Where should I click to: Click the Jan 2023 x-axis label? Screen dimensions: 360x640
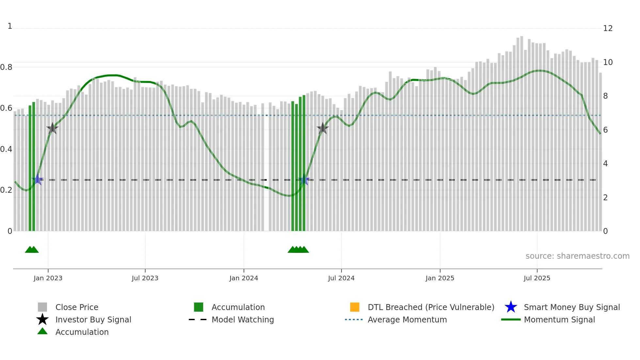tap(48, 278)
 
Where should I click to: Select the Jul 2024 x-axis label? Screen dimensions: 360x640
tap(341, 278)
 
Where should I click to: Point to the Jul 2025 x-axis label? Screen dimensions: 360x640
tap(537, 278)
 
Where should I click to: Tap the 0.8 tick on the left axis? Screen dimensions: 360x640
tap(6, 67)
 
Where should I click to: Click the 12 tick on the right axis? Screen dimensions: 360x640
tap(608, 28)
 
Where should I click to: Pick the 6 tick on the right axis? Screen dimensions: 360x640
tap(605, 130)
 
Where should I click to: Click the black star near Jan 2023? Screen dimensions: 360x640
tap(52, 128)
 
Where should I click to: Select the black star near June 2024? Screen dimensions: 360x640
tap(323, 128)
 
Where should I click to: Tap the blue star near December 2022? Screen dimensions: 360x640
tap(38, 180)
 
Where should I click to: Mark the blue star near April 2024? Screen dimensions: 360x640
tap(304, 180)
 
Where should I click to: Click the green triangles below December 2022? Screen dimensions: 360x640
tap(32, 250)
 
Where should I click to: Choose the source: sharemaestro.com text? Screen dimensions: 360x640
tap(577, 256)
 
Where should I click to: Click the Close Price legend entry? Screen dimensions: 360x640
tap(77, 307)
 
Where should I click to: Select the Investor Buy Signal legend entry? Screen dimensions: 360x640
tap(93, 319)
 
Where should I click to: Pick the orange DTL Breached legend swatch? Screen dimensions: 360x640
tap(355, 307)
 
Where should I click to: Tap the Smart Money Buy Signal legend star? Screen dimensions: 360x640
tap(511, 307)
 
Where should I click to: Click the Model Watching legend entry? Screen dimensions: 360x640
tap(243, 319)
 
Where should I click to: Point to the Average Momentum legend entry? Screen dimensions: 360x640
tap(407, 319)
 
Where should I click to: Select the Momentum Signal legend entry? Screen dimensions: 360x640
tap(559, 319)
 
